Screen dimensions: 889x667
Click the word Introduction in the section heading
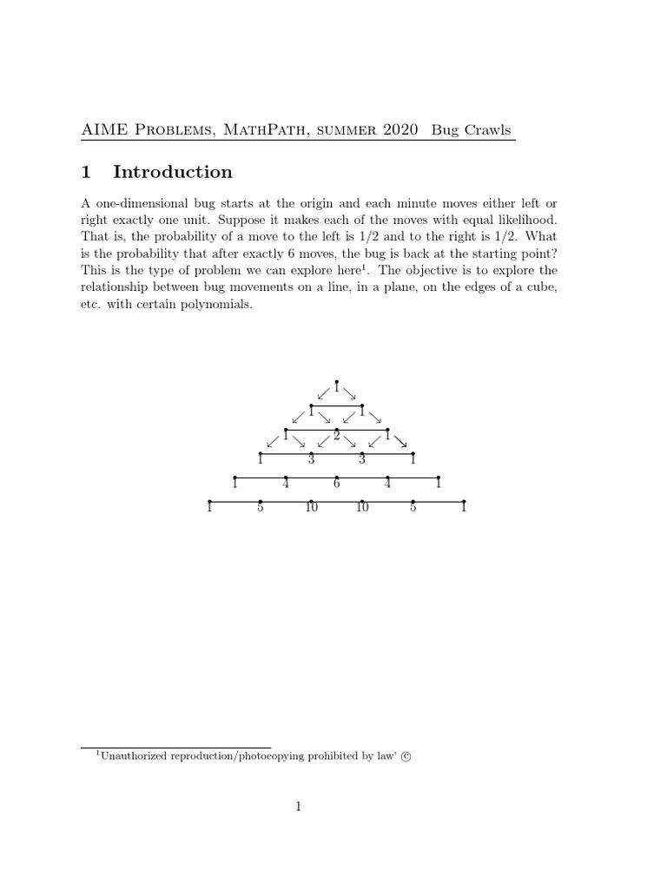click(173, 172)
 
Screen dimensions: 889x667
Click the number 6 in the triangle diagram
click(336, 484)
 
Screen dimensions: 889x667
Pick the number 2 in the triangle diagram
click(336, 436)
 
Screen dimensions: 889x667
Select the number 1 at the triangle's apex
click(336, 388)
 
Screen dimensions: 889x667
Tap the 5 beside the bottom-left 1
click(260, 508)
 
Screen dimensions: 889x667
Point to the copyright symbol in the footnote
click(406, 756)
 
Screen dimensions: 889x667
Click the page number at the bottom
click(298, 807)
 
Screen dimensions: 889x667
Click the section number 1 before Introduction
click(86, 172)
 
